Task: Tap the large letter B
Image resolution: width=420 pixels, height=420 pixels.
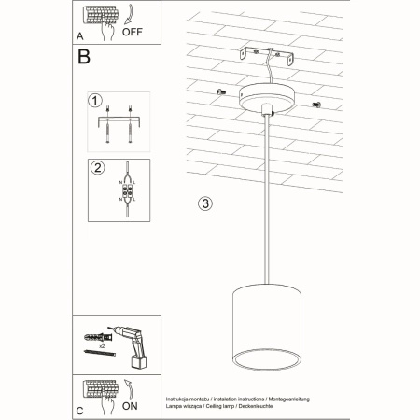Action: click(85, 58)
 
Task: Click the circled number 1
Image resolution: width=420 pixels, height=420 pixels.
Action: click(94, 101)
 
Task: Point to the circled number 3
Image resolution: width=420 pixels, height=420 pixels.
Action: click(205, 203)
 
